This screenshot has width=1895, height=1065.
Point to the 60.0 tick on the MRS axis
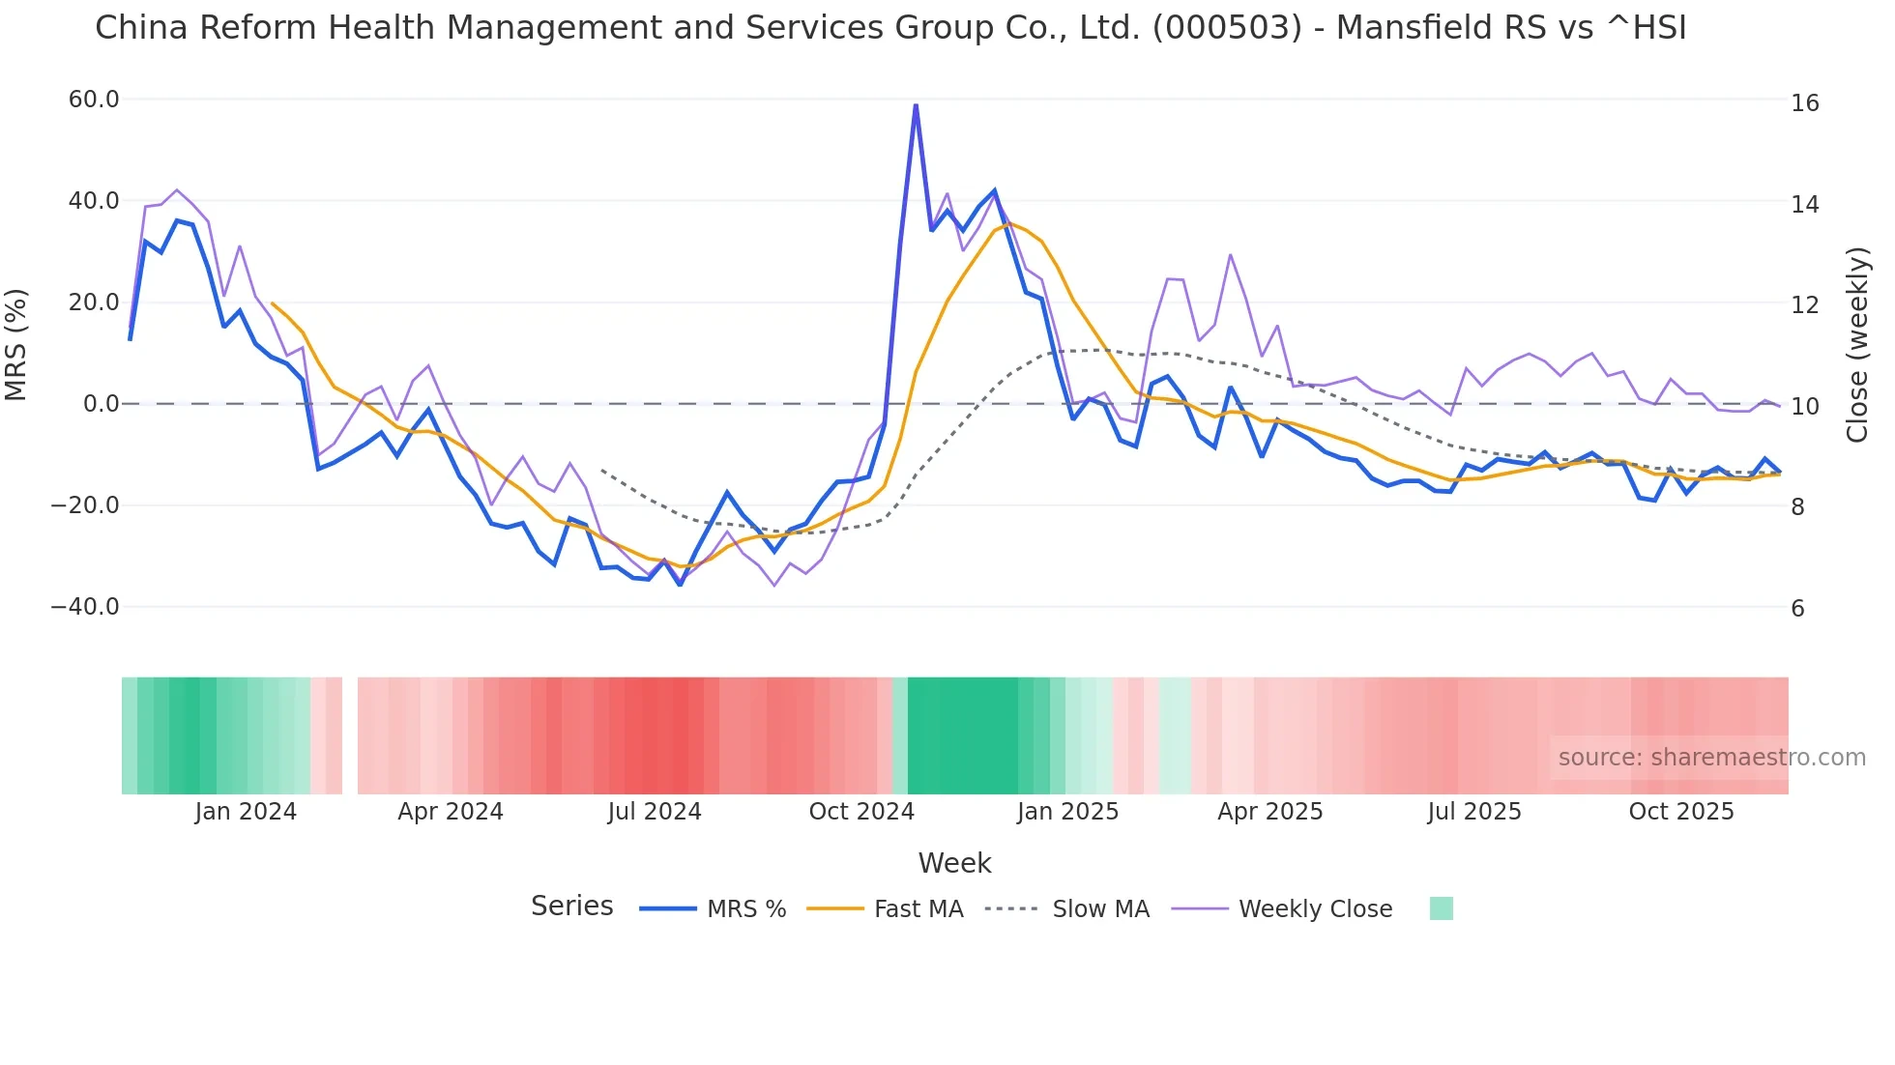94,100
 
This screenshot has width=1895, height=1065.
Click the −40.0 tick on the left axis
85,607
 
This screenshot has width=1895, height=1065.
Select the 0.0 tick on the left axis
101,404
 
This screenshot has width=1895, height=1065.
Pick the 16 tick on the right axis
1804,103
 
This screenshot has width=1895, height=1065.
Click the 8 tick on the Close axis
1797,507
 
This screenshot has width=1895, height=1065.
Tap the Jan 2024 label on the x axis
246,812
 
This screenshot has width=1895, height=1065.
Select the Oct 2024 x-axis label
861,812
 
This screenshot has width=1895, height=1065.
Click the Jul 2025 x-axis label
1473,812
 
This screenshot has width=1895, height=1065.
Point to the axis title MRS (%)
16,345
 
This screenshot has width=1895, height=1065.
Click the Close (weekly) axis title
1856,345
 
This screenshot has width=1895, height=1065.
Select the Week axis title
954,863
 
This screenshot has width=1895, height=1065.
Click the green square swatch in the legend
1441,908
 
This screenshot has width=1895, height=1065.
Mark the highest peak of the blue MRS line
916,105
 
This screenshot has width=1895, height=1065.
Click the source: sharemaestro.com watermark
1711,758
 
